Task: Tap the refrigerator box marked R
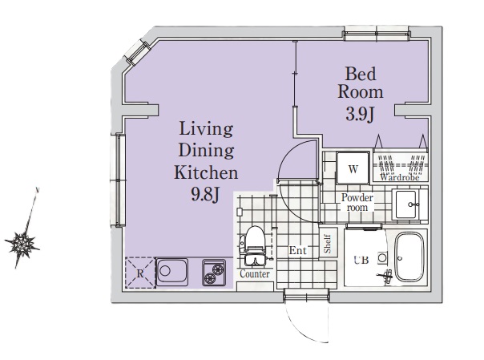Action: point(140,273)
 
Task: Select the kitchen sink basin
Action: point(172,272)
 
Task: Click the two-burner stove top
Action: point(214,273)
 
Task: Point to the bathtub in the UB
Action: point(409,257)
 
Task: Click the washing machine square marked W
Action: point(353,168)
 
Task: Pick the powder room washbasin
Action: point(406,204)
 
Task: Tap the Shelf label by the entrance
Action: point(328,244)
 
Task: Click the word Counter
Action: point(255,274)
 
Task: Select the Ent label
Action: point(298,250)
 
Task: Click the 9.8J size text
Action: point(205,195)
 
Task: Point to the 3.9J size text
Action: point(361,114)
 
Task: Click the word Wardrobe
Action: point(400,177)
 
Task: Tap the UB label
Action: point(361,260)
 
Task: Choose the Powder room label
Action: point(357,202)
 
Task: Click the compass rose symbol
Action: point(22,244)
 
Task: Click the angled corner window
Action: point(137,54)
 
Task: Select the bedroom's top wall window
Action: point(377,34)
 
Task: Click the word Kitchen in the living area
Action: point(206,173)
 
